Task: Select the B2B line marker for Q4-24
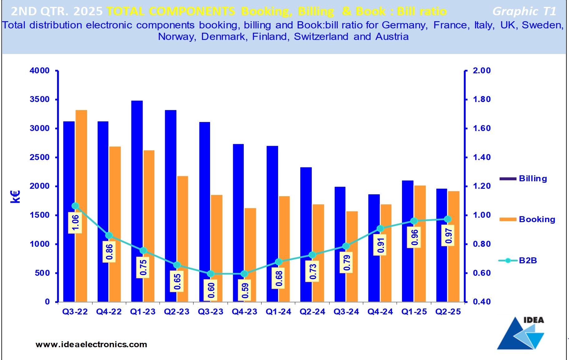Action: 380,229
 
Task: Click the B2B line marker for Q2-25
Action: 448,219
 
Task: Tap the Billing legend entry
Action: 532,178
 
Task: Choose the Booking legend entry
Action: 537,219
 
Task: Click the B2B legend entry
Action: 527,260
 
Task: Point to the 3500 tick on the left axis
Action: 40,100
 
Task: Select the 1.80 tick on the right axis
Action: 482,100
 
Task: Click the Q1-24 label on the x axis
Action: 278,312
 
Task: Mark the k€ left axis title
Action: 15,197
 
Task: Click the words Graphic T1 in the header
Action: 524,12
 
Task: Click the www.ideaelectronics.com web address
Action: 91,344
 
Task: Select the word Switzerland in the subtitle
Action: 321,36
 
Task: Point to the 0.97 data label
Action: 449,236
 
